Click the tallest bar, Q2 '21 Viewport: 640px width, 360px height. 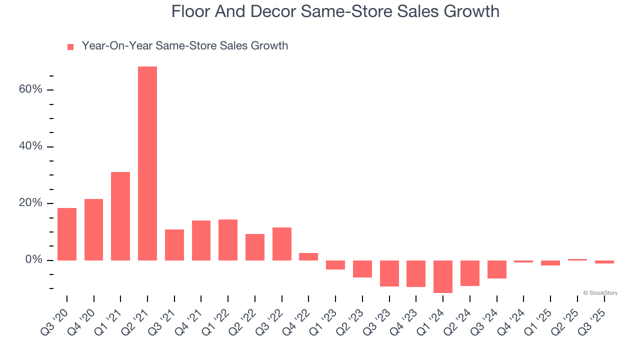click(147, 163)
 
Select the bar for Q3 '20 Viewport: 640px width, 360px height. click(67, 234)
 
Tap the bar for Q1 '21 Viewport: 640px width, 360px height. click(120, 216)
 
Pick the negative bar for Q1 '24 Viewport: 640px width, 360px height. click(443, 276)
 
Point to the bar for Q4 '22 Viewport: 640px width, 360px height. click(308, 256)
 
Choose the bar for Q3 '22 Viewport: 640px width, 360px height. click(282, 244)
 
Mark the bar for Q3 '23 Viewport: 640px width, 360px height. click(389, 273)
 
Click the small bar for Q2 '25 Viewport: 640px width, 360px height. click(577, 259)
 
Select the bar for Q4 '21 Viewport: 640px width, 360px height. click(201, 240)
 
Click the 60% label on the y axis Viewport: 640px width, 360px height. click(30, 89)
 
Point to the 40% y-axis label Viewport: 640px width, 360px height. click(30, 146)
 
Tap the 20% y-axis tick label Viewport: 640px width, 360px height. click(30, 203)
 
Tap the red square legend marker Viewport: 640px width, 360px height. click(70, 46)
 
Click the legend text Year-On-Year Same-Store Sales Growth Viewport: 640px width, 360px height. click(185, 46)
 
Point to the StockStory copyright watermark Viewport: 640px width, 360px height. click(600, 293)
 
